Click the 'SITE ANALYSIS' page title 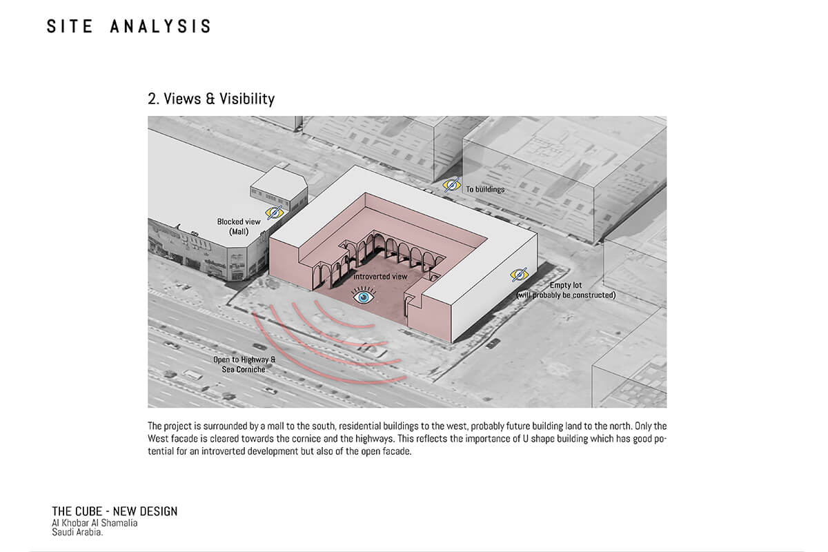click(x=129, y=27)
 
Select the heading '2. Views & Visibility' click(x=211, y=99)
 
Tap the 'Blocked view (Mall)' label click(x=239, y=226)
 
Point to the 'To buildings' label click(x=484, y=189)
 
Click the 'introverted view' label click(x=380, y=277)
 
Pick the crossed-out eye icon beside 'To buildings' click(x=452, y=185)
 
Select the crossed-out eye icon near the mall click(x=275, y=213)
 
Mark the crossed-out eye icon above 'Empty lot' click(x=519, y=275)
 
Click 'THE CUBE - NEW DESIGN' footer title click(x=115, y=511)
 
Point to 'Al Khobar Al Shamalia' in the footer click(x=95, y=522)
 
